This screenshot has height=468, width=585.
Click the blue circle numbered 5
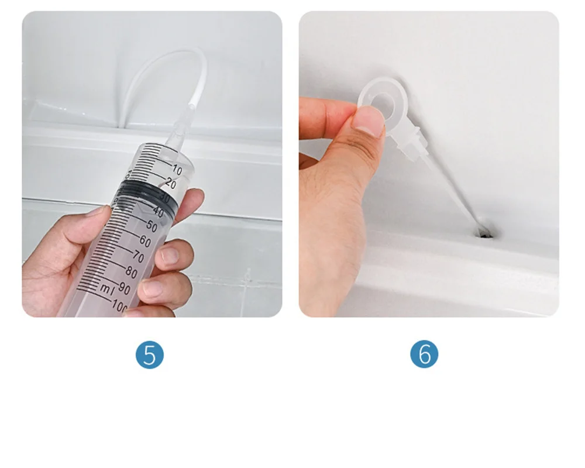point(150,354)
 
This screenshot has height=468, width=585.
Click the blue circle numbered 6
point(424,354)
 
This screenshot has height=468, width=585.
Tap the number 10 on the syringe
point(177,170)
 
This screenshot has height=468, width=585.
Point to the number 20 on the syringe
point(170,183)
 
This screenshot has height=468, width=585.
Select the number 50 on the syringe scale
point(152,225)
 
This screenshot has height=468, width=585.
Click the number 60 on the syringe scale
point(145,241)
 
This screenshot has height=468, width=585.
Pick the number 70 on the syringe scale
point(138,256)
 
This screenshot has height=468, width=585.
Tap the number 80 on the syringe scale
point(131,272)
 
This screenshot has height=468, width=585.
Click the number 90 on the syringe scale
point(124,288)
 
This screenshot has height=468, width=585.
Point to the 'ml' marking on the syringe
point(107,288)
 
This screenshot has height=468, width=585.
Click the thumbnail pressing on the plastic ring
point(368,121)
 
